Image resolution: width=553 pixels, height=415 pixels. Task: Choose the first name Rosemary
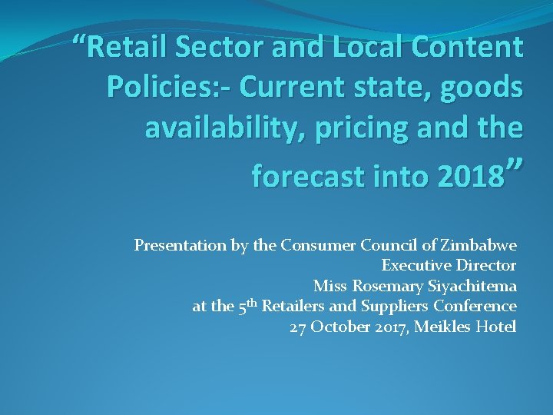(379, 287)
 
